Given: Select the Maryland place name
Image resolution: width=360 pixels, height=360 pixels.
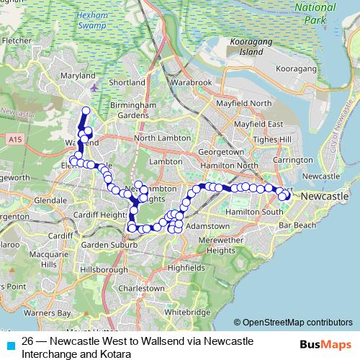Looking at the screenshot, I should point(79,76).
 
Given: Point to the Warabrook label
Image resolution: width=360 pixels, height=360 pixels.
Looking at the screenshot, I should point(191,83).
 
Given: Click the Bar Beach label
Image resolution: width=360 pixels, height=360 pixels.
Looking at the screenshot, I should point(297,225).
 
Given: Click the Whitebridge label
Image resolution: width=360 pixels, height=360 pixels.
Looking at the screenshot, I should point(186,313).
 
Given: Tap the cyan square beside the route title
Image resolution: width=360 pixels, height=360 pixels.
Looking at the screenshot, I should point(9,344).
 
